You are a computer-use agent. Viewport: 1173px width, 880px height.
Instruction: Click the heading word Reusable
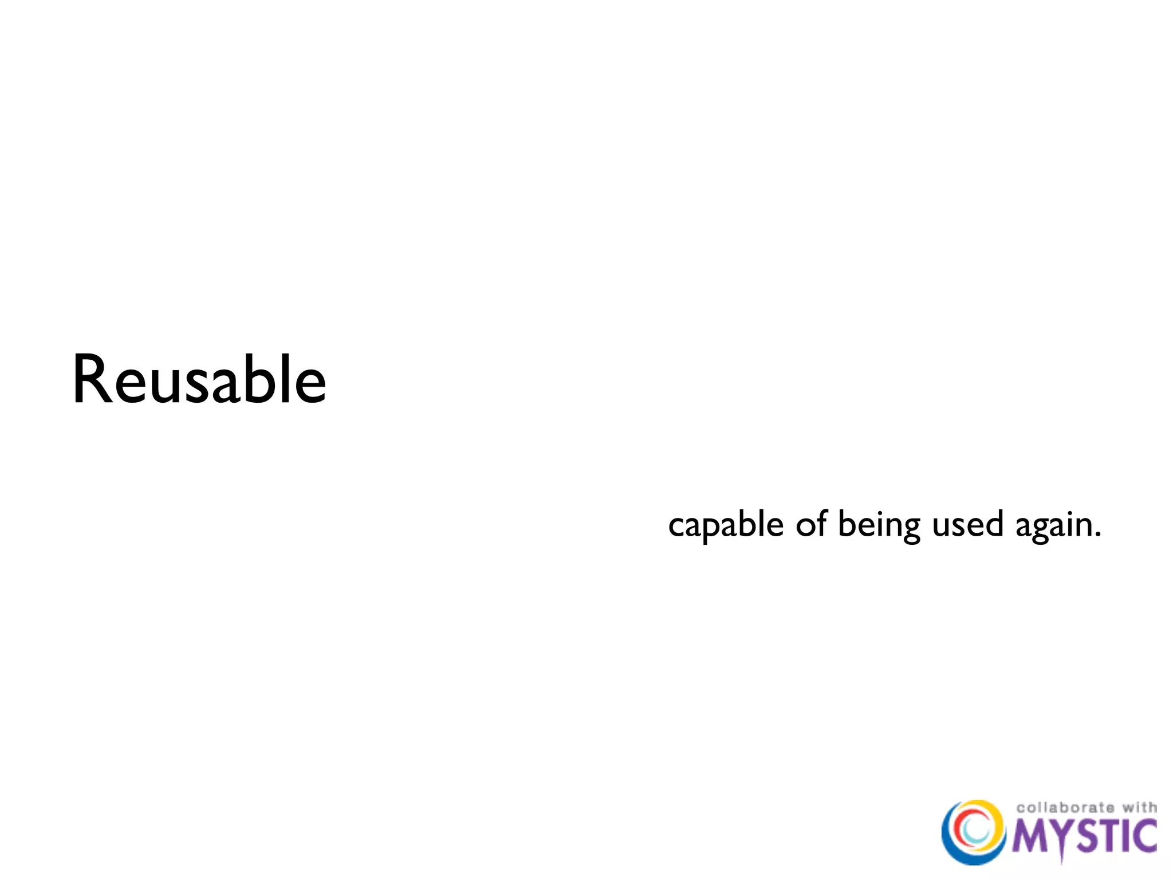tap(199, 380)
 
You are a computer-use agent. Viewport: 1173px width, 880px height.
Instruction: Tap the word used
tap(968, 524)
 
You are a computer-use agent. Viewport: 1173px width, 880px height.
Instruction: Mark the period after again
tap(1097, 536)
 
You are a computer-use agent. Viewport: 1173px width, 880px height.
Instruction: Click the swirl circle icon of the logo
tap(974, 831)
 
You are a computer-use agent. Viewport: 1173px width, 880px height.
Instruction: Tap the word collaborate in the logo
tap(1065, 808)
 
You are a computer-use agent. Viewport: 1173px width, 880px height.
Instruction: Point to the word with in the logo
tap(1139, 807)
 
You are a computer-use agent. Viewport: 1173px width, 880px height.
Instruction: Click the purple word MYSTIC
tap(1084, 836)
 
